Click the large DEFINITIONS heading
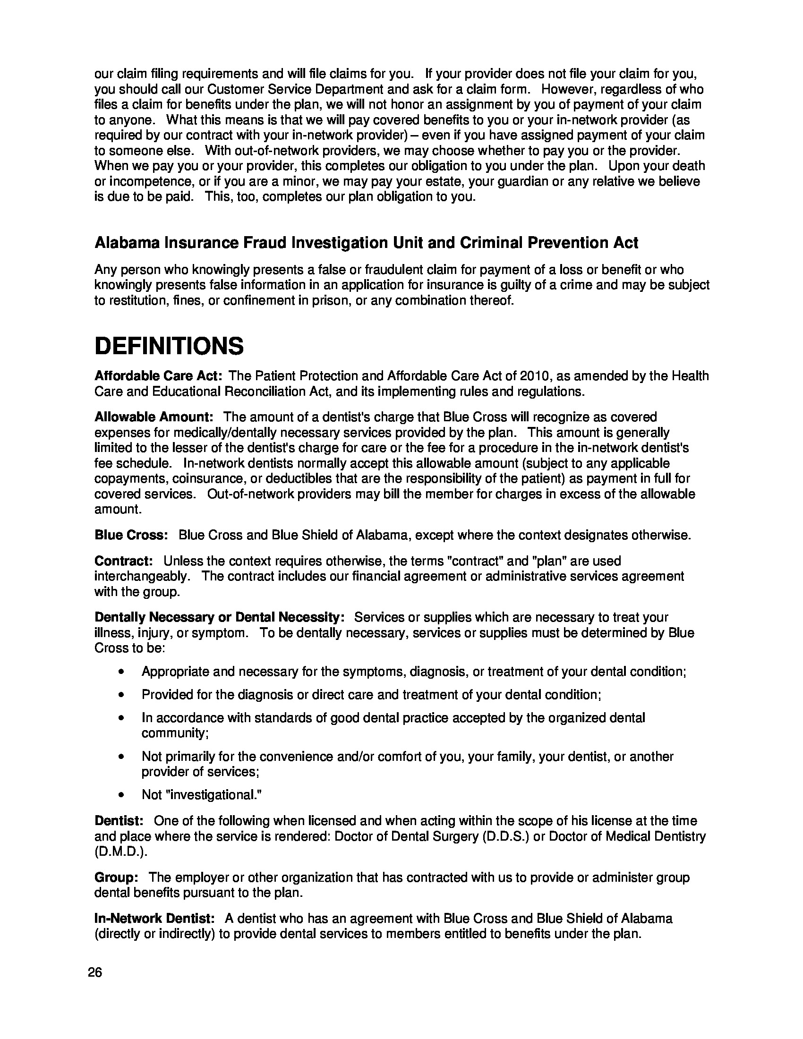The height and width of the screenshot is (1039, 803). click(x=169, y=346)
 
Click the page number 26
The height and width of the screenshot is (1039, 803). click(x=95, y=972)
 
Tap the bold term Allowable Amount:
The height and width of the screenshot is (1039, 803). click(x=154, y=417)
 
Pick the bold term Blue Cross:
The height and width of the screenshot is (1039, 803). click(x=131, y=535)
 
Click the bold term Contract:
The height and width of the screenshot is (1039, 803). click(x=124, y=562)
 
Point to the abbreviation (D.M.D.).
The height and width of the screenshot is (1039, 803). click(x=121, y=852)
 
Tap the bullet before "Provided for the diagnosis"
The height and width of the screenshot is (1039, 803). click(x=122, y=695)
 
